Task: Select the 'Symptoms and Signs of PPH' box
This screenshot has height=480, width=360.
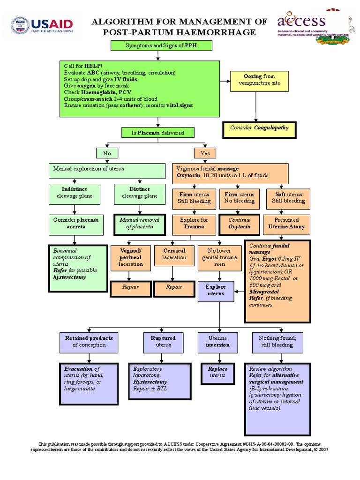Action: click(161, 45)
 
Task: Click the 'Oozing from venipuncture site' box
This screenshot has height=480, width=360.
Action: click(259, 80)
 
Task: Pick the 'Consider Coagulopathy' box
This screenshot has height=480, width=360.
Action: click(259, 128)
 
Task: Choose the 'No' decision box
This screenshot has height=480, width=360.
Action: click(107, 153)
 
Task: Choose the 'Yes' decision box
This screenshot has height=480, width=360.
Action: click(205, 153)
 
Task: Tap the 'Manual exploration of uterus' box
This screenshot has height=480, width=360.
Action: click(107, 171)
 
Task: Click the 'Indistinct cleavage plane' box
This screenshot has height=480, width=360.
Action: click(74, 193)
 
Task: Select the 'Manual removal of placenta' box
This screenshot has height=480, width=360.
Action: click(140, 224)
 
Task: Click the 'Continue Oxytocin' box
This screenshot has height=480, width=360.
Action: click(240, 223)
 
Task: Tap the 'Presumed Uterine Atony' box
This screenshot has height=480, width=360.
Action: click(286, 223)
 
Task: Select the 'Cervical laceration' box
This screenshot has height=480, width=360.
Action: click(174, 258)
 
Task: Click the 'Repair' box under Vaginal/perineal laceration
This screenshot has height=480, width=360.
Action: click(130, 287)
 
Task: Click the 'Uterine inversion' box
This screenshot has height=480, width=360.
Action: click(217, 342)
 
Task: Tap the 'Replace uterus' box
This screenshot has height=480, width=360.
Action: click(217, 372)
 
